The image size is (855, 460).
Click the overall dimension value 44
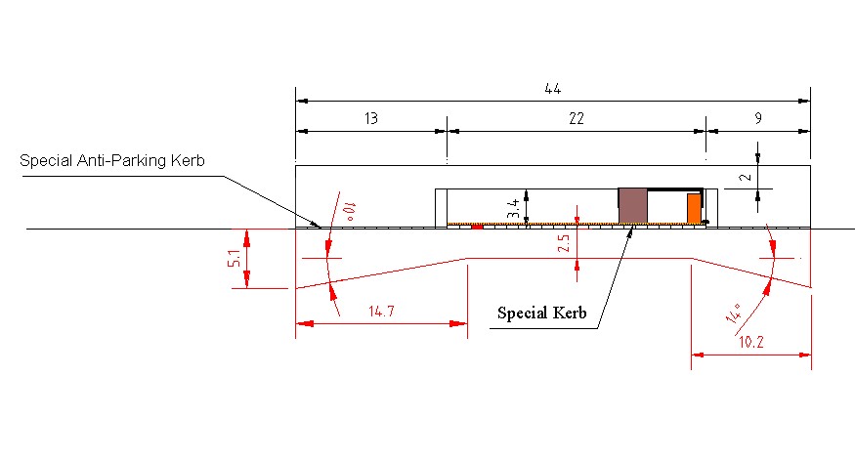click(552, 88)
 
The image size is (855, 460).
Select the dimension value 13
click(370, 118)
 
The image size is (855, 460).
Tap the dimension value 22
click(576, 118)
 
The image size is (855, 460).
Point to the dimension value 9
click(758, 118)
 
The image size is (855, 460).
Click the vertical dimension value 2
click(747, 177)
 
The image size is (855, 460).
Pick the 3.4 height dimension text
click(513, 208)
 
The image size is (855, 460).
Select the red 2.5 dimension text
click(564, 243)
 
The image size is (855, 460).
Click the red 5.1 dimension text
click(234, 259)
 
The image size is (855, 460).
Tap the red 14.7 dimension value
click(381, 312)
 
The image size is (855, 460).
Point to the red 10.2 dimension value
click(750, 342)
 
